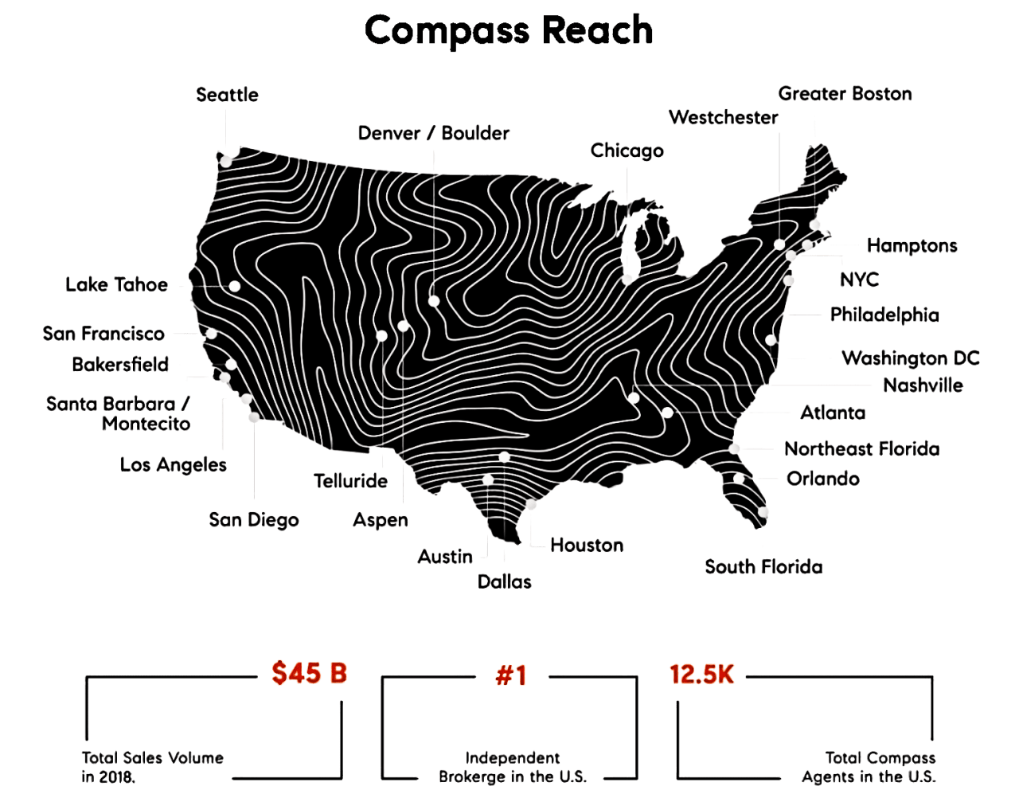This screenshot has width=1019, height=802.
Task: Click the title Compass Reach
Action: tap(509, 30)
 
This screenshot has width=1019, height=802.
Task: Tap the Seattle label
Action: tap(227, 95)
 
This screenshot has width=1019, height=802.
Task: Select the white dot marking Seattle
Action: tap(226, 161)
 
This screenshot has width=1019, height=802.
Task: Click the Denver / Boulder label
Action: tap(433, 133)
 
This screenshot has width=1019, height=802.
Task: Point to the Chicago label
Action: tap(627, 151)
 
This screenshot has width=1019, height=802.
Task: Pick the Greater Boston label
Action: tap(845, 94)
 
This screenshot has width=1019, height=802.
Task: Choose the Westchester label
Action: tap(723, 118)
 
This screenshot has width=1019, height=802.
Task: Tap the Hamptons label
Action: tap(912, 245)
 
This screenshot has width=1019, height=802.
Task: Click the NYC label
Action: tap(859, 280)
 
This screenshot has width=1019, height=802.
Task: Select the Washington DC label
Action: tap(910, 358)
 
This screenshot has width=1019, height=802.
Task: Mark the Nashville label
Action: tap(923, 385)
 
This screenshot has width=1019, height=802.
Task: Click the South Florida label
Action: tap(763, 567)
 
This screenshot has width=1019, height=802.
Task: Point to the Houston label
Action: tap(587, 546)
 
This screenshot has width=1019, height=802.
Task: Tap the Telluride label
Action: tap(350, 481)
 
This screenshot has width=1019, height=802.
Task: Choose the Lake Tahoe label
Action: tap(117, 285)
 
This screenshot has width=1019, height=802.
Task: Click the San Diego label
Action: tap(253, 520)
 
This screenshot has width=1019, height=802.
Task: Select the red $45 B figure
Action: tap(309, 674)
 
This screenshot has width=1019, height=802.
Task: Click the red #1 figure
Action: tap(510, 676)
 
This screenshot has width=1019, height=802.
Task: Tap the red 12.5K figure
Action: tap(701, 675)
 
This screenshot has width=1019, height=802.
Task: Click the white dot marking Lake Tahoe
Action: tap(234, 286)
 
